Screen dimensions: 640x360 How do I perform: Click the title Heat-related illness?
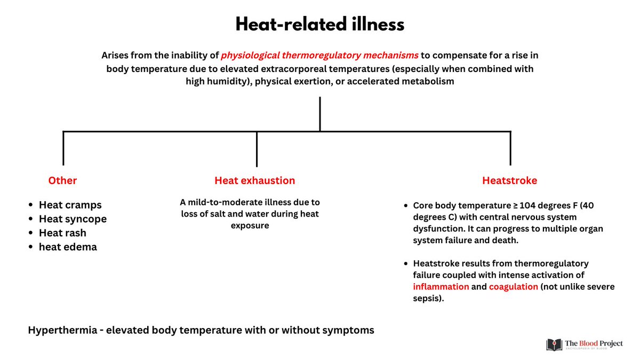[x=320, y=25]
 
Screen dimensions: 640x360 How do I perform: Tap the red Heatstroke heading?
[x=509, y=180]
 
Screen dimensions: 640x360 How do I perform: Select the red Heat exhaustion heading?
[x=254, y=180]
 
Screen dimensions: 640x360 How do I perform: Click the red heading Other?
[x=62, y=180]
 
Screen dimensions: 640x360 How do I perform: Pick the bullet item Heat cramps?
[x=70, y=205]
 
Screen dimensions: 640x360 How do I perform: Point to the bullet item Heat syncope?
[x=73, y=219]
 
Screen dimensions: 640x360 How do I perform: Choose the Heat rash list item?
[x=62, y=233]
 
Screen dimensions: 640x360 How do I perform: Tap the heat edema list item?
[x=68, y=247]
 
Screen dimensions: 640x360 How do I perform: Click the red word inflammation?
[x=441, y=286]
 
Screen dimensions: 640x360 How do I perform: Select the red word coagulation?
[x=513, y=286]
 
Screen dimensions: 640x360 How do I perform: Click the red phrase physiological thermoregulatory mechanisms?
[x=319, y=55]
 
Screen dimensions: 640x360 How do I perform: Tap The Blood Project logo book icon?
[x=554, y=345]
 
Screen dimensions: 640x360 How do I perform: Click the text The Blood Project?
[x=594, y=343]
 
